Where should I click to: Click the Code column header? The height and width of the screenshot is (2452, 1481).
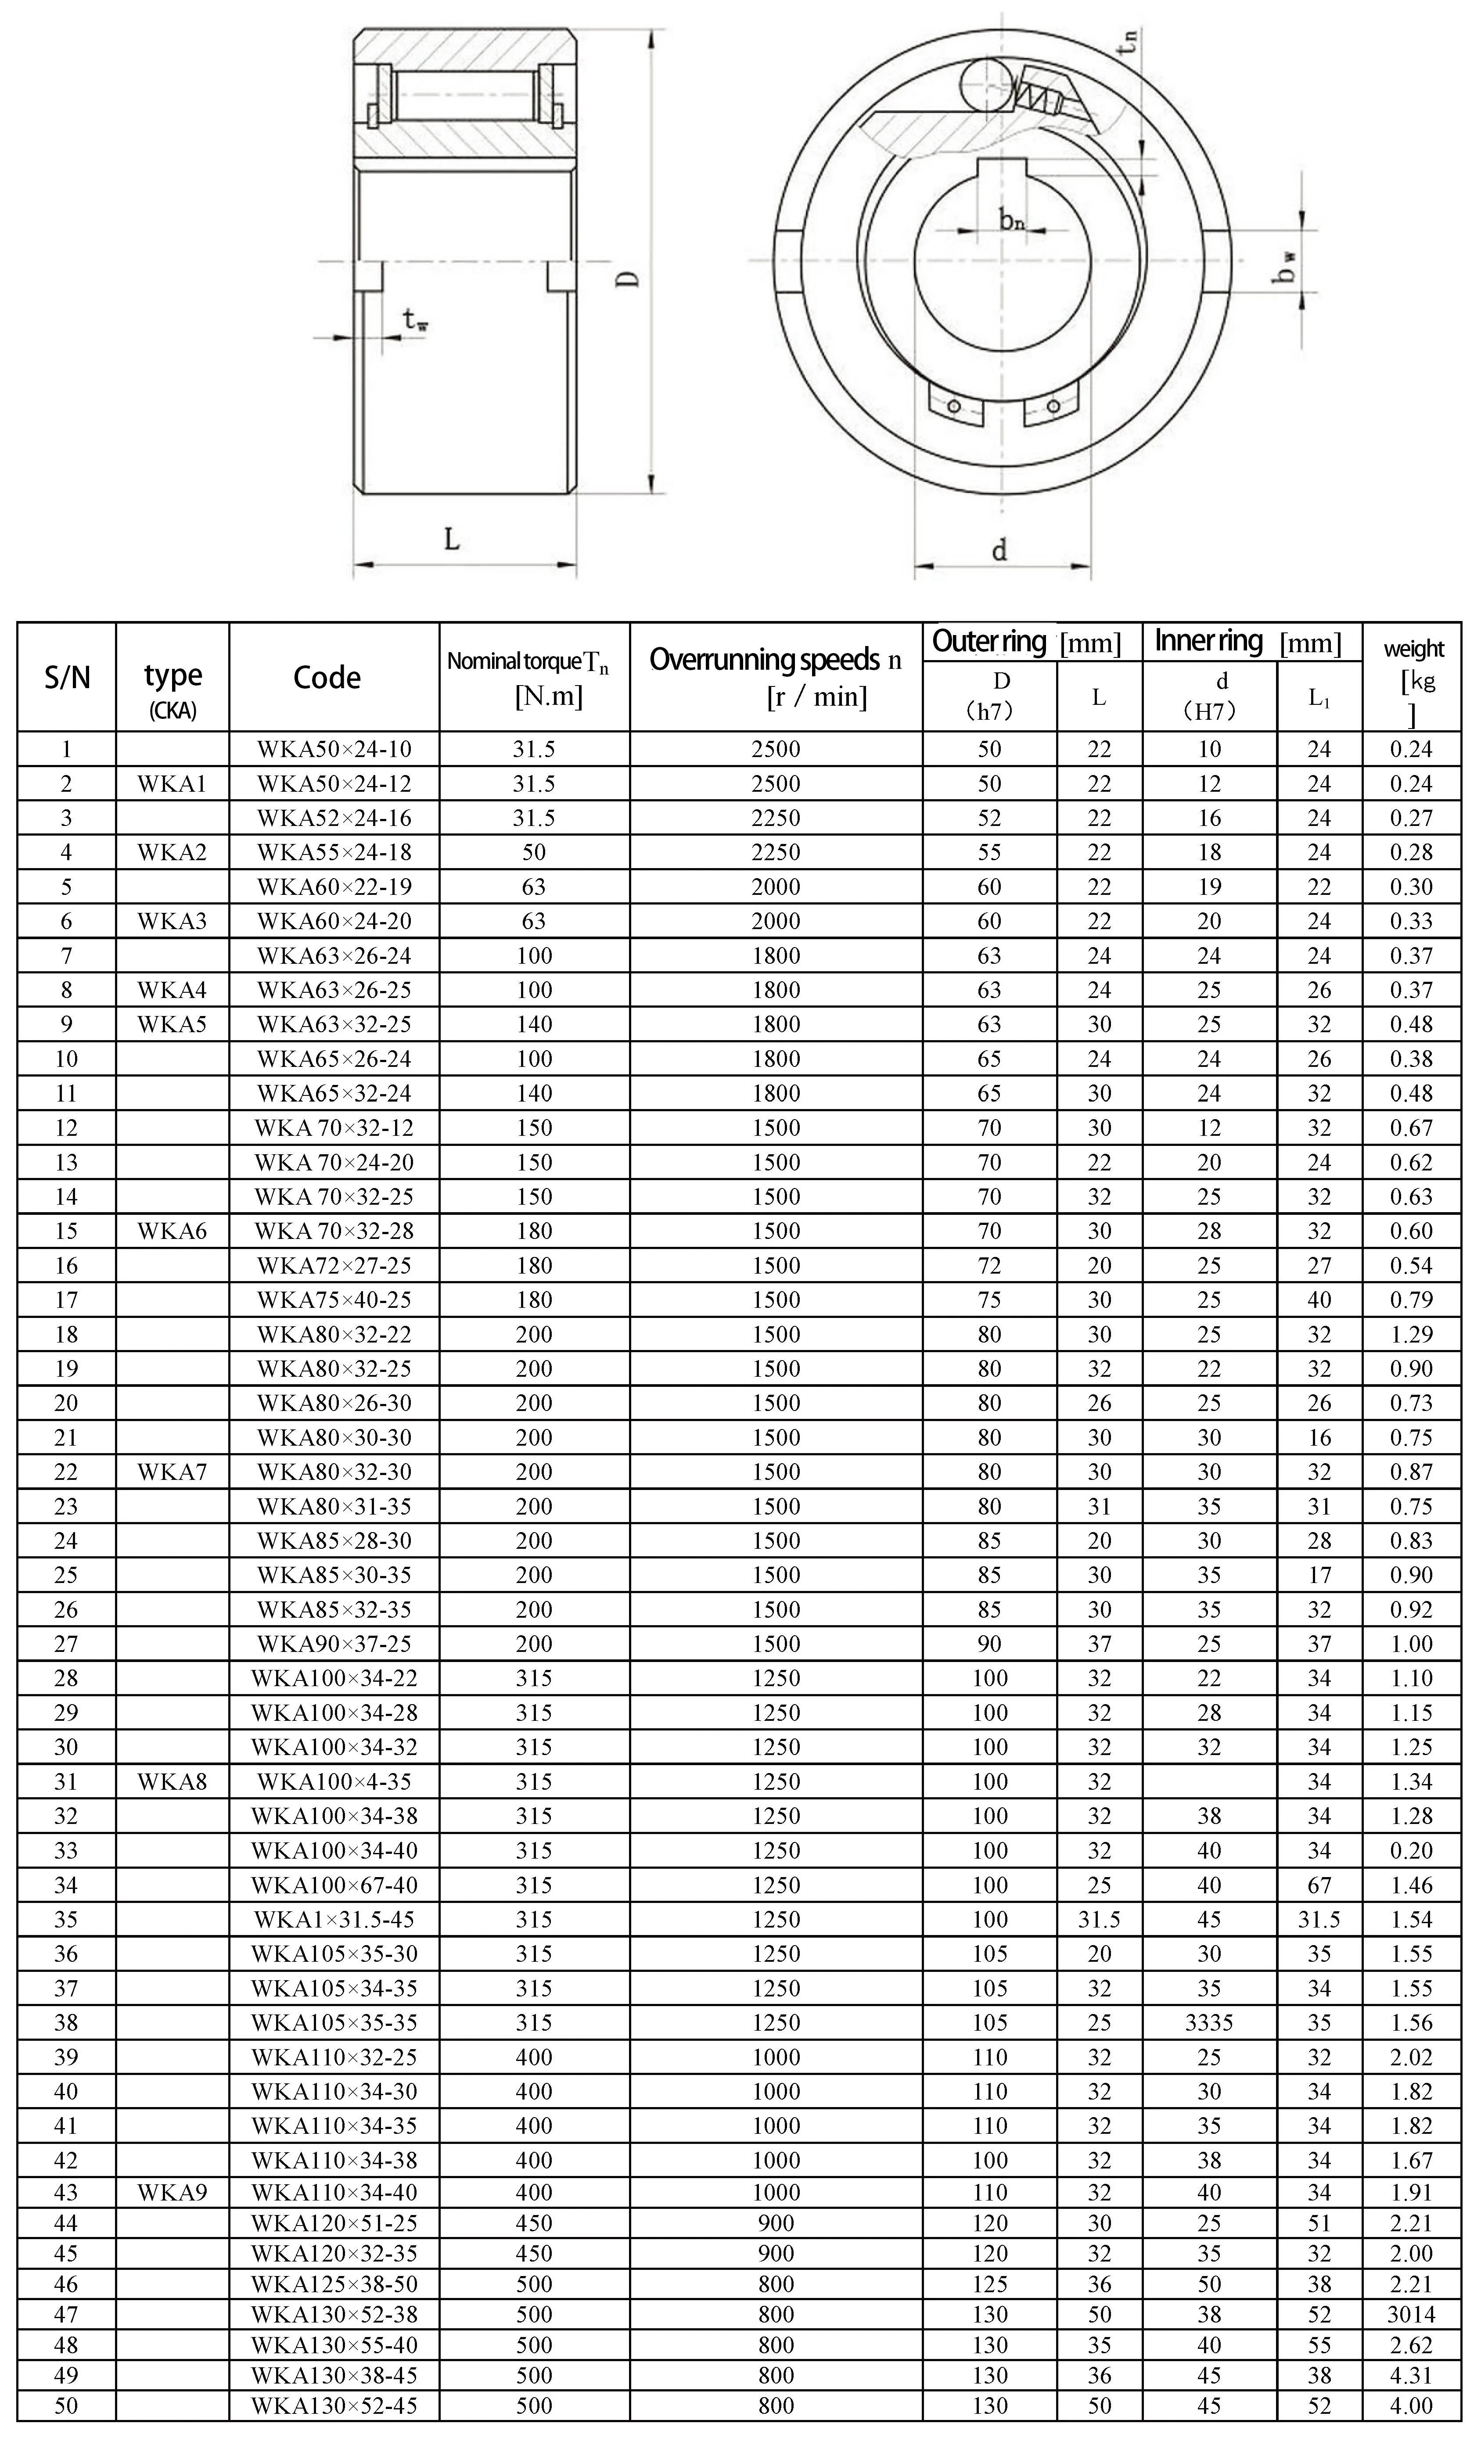click(327, 678)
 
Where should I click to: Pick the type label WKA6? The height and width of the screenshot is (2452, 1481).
click(172, 1231)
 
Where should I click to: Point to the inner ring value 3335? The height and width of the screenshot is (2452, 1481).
click(1208, 2022)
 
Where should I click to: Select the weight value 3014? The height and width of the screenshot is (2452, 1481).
click(1411, 2314)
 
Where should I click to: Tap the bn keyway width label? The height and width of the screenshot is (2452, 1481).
click(1011, 220)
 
